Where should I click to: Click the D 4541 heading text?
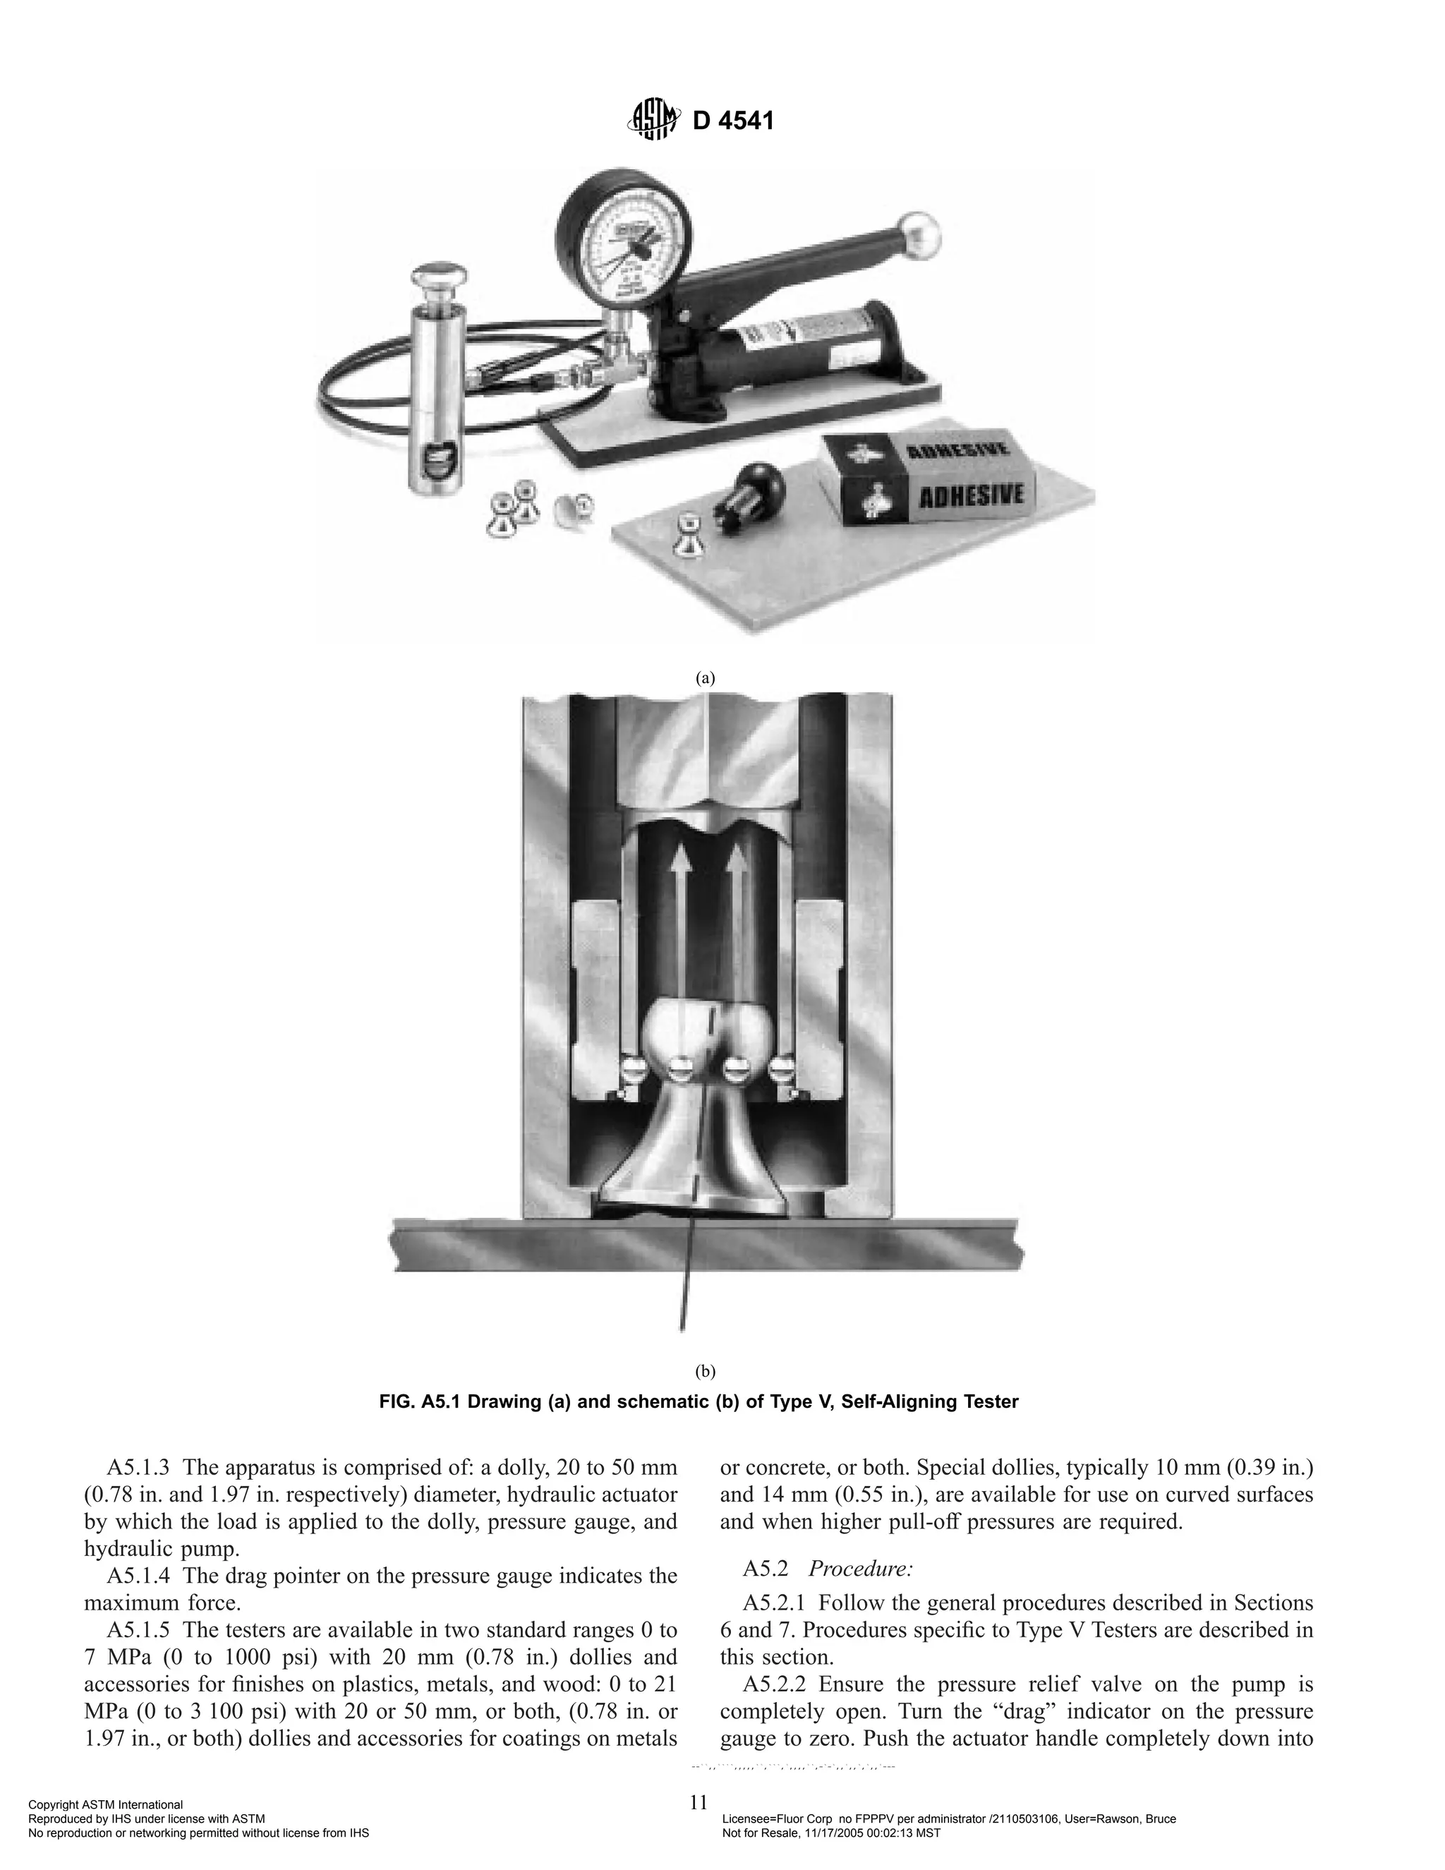(x=733, y=121)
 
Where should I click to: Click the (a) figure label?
(x=705, y=678)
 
